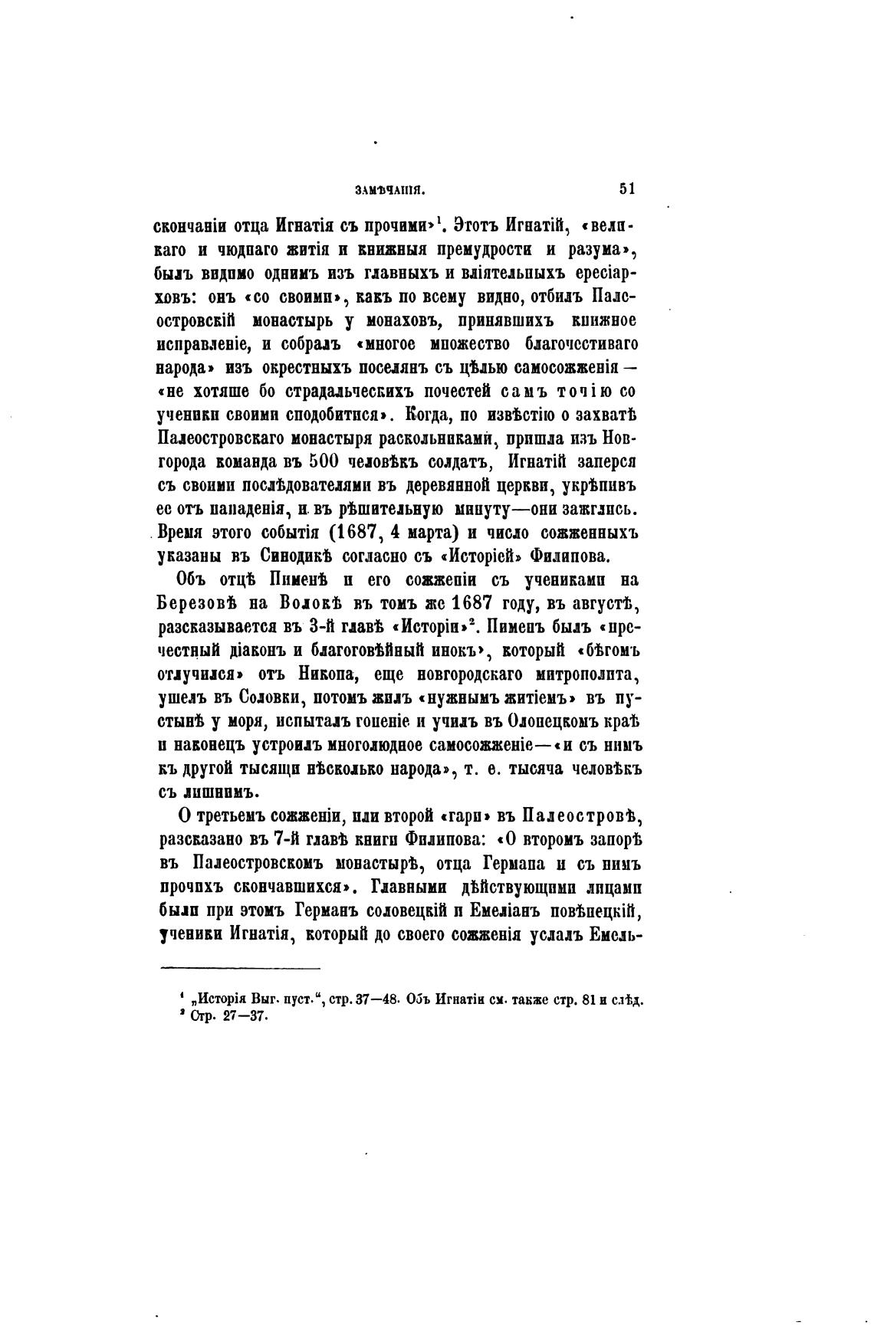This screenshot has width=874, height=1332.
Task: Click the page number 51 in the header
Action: pyautogui.click(x=627, y=189)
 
